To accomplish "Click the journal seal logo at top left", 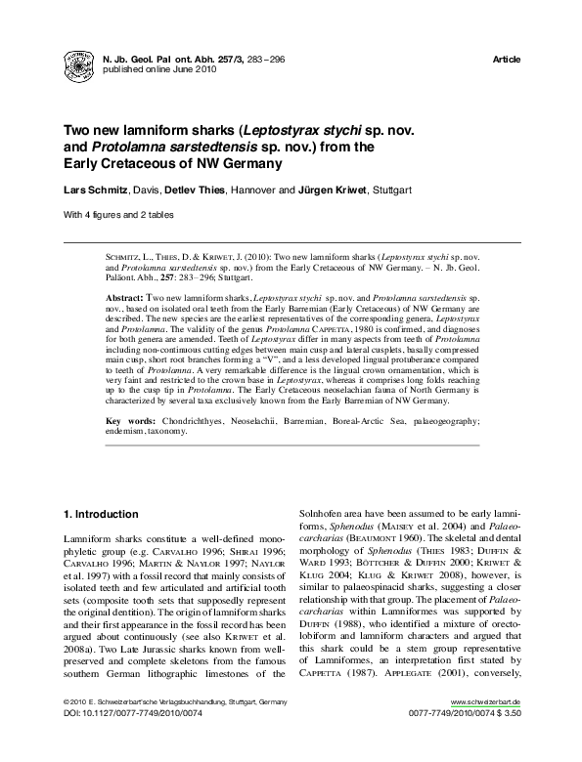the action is pos(79,64).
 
